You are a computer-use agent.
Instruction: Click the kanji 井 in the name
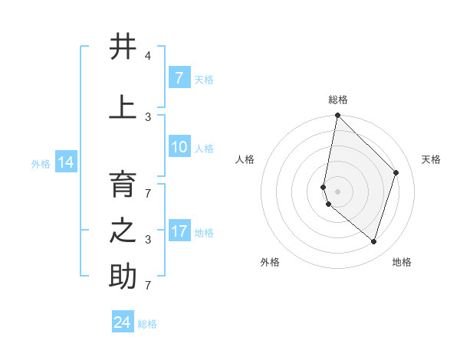[x=123, y=47]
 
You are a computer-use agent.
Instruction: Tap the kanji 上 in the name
[x=123, y=106]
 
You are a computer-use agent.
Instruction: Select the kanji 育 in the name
[x=123, y=185]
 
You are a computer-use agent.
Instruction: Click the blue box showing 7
[x=179, y=78]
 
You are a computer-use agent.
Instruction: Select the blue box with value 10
[x=179, y=148]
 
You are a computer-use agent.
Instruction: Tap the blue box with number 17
[x=179, y=232]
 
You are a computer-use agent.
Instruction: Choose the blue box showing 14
[x=66, y=162]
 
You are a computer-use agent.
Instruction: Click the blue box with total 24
[x=123, y=322]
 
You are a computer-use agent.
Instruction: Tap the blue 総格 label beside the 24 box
[x=147, y=324]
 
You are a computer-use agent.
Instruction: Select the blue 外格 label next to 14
[x=40, y=163]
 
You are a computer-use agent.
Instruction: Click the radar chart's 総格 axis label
[x=338, y=100]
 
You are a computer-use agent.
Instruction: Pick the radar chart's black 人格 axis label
[x=245, y=159]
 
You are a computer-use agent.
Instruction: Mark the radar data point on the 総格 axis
[x=337, y=115]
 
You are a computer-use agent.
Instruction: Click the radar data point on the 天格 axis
[x=396, y=172]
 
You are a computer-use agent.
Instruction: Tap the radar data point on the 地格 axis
[x=373, y=241]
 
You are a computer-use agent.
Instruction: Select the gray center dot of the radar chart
[x=337, y=191]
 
